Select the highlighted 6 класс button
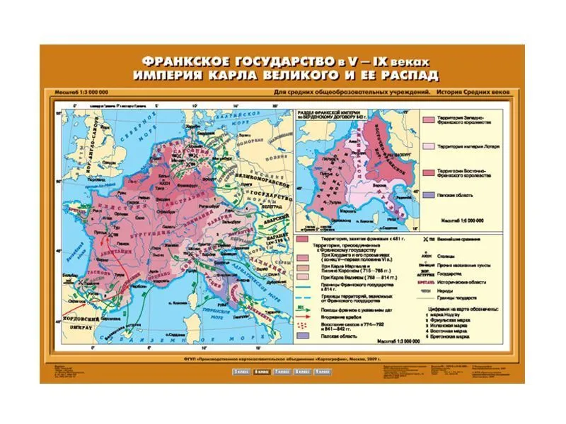point(262,370)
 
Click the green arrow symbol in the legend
point(305,308)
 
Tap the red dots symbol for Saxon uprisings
point(305,327)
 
